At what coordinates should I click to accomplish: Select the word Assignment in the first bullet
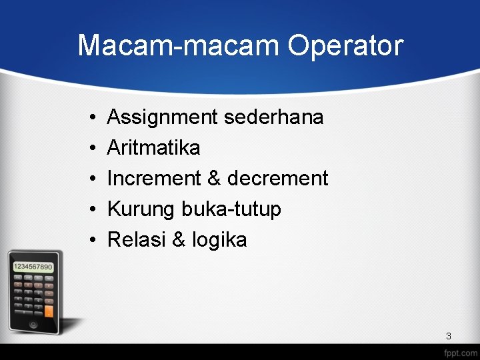(x=163, y=117)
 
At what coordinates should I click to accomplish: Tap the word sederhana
(x=274, y=117)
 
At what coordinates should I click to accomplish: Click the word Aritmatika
(x=153, y=148)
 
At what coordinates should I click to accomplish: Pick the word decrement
(x=277, y=179)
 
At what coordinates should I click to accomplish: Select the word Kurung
(x=141, y=209)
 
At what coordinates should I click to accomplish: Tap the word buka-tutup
(x=231, y=209)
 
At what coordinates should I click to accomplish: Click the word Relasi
(x=137, y=240)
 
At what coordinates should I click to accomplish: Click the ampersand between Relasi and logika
(x=179, y=240)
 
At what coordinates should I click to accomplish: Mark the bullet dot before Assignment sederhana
(x=89, y=118)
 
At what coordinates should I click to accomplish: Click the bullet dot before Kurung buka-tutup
(x=89, y=210)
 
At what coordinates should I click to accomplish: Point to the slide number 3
(x=448, y=336)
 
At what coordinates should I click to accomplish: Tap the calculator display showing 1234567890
(x=33, y=267)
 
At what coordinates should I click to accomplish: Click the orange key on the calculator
(x=49, y=311)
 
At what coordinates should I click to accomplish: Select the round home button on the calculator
(x=33, y=325)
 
